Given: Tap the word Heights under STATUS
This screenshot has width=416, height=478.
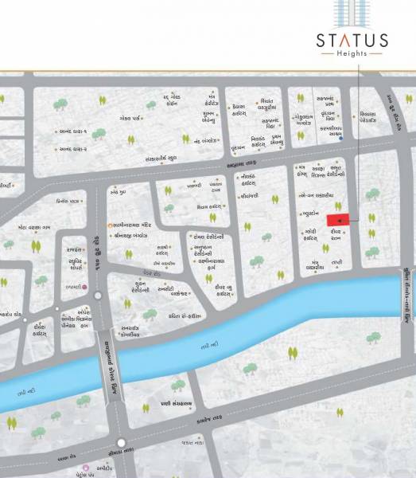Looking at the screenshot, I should pyautogui.click(x=352, y=53).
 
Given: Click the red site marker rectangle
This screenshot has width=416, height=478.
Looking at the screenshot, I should pyautogui.click(x=337, y=218).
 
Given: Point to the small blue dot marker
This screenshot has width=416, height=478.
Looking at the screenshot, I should pyautogui.click(x=340, y=139).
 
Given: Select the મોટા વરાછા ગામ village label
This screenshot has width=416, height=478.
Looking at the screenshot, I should pyautogui.click(x=34, y=227).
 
